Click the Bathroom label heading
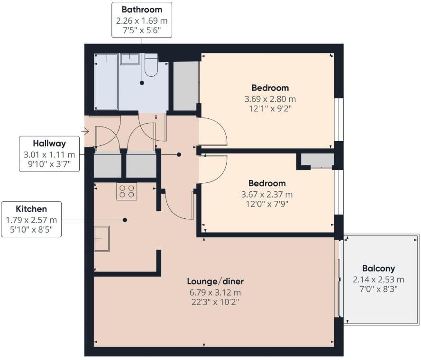click(142, 9)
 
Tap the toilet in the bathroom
click(151, 65)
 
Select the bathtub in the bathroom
click(106, 81)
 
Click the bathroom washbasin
click(129, 59)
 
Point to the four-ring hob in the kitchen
click(127, 191)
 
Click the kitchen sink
click(101, 238)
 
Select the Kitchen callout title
click(31, 209)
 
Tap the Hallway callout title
click(49, 143)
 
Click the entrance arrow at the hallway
click(85, 131)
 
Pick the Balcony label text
click(378, 268)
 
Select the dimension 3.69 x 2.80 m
click(270, 99)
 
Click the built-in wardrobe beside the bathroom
click(185, 86)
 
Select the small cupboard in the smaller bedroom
click(317, 160)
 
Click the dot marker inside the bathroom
click(141, 83)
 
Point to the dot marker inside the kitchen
click(125, 220)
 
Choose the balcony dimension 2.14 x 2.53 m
click(378, 279)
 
